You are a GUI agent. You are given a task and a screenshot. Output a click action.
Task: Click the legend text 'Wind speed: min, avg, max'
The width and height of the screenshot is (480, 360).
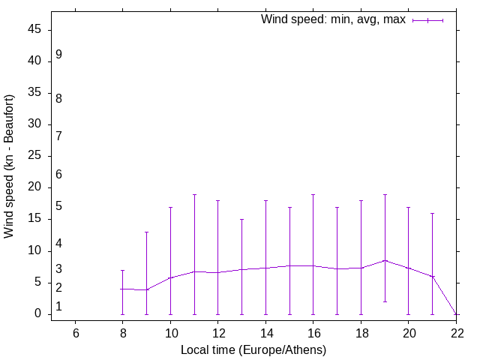(333, 19)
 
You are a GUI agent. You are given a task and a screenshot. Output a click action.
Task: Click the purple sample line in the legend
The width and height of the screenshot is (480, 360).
(427, 20)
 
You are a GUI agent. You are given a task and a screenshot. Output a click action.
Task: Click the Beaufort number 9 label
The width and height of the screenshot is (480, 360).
(58, 55)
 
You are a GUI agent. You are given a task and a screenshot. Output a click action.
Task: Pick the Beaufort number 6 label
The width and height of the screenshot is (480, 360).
(58, 174)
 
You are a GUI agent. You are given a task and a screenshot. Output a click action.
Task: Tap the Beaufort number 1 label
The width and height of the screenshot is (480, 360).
(58, 307)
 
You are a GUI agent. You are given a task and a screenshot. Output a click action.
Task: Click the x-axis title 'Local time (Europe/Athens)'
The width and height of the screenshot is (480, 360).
(253, 349)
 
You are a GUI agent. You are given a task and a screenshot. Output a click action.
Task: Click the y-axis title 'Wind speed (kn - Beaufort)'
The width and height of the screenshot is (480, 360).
(10, 166)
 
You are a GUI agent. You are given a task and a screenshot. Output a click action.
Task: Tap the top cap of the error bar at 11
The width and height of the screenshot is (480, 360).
(194, 194)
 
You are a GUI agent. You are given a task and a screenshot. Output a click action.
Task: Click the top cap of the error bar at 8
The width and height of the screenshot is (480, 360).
(123, 270)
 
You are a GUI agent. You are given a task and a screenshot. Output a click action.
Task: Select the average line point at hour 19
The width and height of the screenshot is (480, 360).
(385, 260)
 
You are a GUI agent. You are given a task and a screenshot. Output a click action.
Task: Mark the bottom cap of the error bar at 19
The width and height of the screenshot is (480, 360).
(385, 301)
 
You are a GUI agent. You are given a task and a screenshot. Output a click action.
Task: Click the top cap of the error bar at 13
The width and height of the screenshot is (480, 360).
(241, 220)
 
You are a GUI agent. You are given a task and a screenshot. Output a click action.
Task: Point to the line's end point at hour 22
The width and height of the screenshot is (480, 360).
(456, 313)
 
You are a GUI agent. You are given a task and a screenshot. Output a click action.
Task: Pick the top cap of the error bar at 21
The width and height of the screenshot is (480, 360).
(432, 213)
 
